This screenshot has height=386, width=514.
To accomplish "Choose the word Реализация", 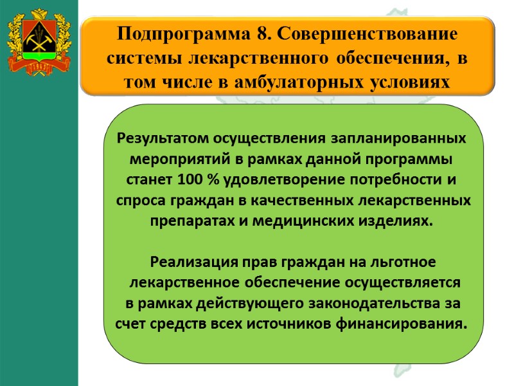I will tap(185, 262).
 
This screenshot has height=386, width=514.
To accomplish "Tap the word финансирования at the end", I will tap(408, 323).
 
